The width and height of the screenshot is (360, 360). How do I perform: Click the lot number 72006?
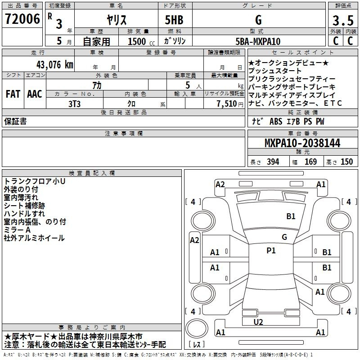tap(22, 19)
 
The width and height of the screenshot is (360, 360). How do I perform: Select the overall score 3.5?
tap(343, 20)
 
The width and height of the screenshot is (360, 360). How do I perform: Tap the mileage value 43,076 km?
tap(54, 65)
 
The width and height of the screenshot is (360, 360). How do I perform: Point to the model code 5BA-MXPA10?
tap(258, 41)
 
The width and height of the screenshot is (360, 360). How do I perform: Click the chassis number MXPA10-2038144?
tap(302, 143)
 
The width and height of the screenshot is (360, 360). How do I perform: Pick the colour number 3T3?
tap(74, 104)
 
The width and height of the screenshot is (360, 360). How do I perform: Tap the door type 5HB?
tap(174, 20)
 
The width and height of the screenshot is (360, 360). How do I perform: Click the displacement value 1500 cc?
tap(141, 42)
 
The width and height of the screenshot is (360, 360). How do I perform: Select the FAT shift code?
tap(13, 94)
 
